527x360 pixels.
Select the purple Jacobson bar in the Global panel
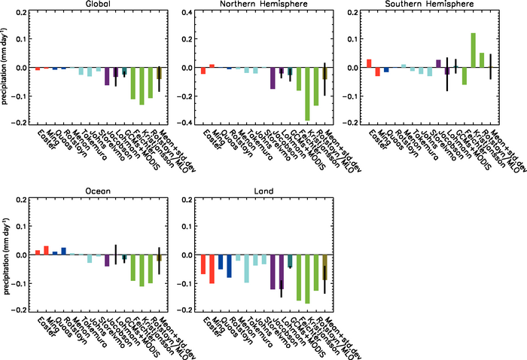[107, 76]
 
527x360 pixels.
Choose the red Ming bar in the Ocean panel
[46, 250]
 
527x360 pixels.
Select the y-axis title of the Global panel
[5, 68]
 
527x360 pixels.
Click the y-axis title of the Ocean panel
[5, 255]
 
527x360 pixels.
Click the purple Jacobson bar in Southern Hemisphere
[438, 63]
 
